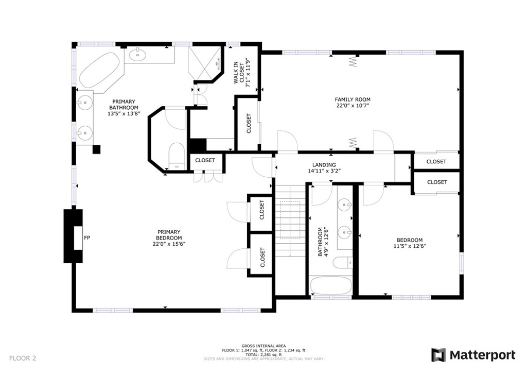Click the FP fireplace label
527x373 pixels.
(x=87, y=238)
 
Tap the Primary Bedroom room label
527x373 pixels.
(x=169, y=235)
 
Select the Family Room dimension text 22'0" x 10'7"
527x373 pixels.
(x=353, y=106)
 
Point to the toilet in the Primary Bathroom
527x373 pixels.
(x=176, y=156)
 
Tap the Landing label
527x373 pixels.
(x=324, y=165)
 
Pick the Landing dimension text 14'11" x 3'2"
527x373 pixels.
(x=324, y=171)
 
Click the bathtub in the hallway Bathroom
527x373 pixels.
(x=330, y=285)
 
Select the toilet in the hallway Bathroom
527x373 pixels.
(x=343, y=262)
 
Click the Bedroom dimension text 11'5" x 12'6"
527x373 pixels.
(x=410, y=246)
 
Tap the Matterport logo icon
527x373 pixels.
(x=438, y=355)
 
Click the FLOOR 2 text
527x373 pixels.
(x=23, y=358)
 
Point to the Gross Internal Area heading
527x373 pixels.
(x=263, y=346)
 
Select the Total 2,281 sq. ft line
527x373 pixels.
(x=263, y=354)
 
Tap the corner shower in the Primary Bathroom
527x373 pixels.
(x=205, y=63)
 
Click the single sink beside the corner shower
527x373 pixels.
(x=137, y=55)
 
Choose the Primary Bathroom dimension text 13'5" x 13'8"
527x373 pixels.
(x=124, y=114)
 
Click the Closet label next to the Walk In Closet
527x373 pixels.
(x=249, y=124)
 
